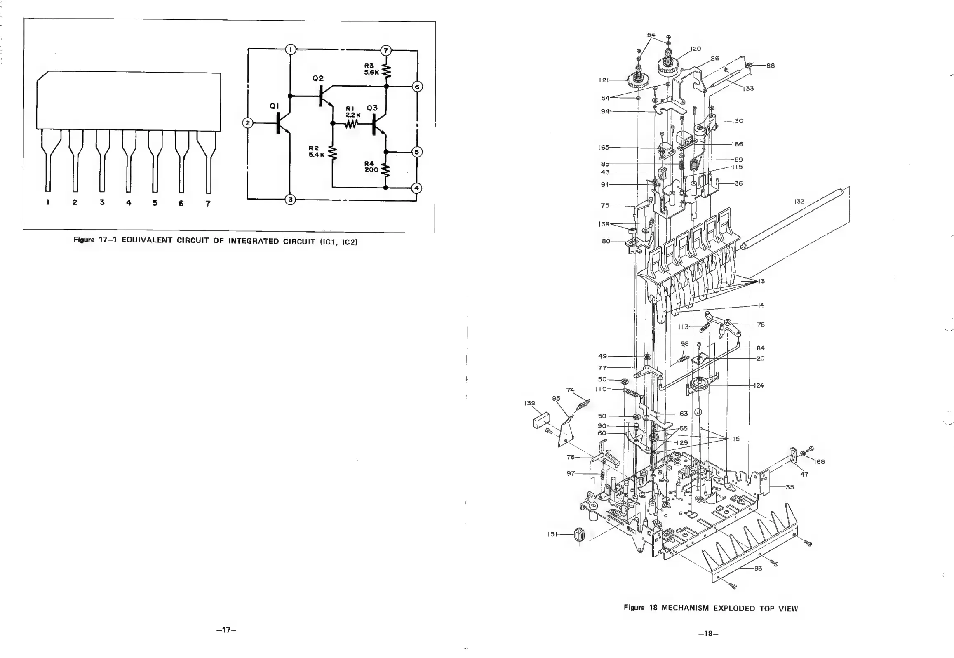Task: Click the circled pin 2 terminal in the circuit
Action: pos(248,123)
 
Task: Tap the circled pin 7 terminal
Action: pos(385,50)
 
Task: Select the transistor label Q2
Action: pos(318,78)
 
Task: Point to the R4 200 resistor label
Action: pos(371,167)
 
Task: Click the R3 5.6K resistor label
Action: pos(371,69)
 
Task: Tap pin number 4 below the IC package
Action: pos(129,202)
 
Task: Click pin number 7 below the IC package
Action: pos(208,203)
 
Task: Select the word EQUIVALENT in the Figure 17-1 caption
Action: pos(146,240)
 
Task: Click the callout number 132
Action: pos(799,202)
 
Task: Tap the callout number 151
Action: pos(552,534)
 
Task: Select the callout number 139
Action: pos(530,403)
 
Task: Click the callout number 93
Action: pos(758,569)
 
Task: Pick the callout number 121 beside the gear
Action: pos(604,80)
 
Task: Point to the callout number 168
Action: pos(820,462)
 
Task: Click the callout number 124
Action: pos(759,385)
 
